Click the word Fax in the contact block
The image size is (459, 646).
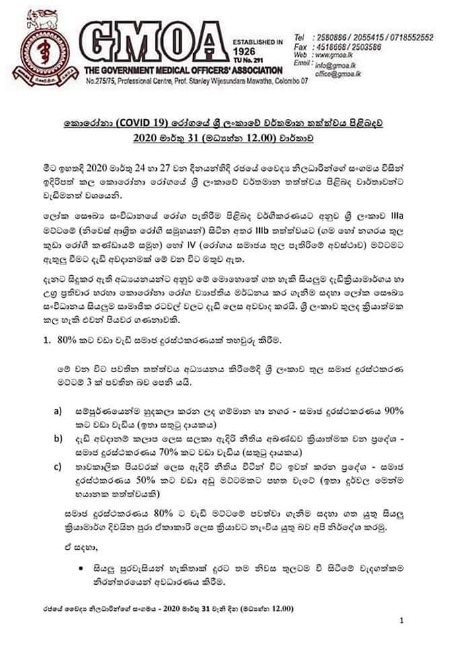point(301,46)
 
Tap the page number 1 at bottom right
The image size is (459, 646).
point(401,620)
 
